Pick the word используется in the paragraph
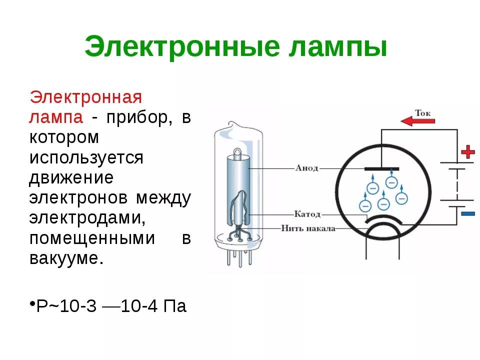coord(86,157)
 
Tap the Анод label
coord(306,168)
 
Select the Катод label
coord(307,214)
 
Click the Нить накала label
coord(308,228)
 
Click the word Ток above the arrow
coord(422,113)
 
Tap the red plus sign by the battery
coord(467,151)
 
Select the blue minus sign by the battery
coord(468,213)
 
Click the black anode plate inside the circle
coord(381,168)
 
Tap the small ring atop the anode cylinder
coord(237,149)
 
